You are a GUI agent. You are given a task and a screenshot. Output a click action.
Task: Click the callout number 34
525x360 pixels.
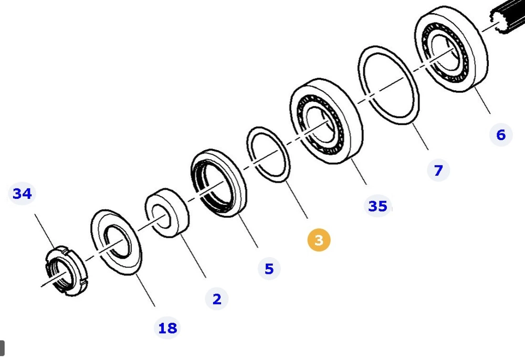(x=22, y=194)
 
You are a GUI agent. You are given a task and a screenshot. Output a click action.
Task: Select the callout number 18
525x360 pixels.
(x=167, y=329)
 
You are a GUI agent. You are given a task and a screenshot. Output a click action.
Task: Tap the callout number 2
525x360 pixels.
(x=217, y=299)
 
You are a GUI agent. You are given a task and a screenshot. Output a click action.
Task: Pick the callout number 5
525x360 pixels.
(x=269, y=269)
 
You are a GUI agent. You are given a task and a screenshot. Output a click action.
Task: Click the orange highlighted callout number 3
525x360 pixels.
(x=319, y=240)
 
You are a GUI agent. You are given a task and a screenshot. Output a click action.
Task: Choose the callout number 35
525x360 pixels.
(x=377, y=206)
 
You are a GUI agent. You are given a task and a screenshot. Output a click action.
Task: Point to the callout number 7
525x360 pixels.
(x=438, y=170)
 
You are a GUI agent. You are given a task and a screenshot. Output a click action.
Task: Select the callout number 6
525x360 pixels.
(x=500, y=135)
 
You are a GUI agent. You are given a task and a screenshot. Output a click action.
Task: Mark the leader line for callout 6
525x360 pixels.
(x=482, y=102)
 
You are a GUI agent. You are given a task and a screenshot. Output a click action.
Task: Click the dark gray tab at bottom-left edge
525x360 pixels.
(x=2, y=347)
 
